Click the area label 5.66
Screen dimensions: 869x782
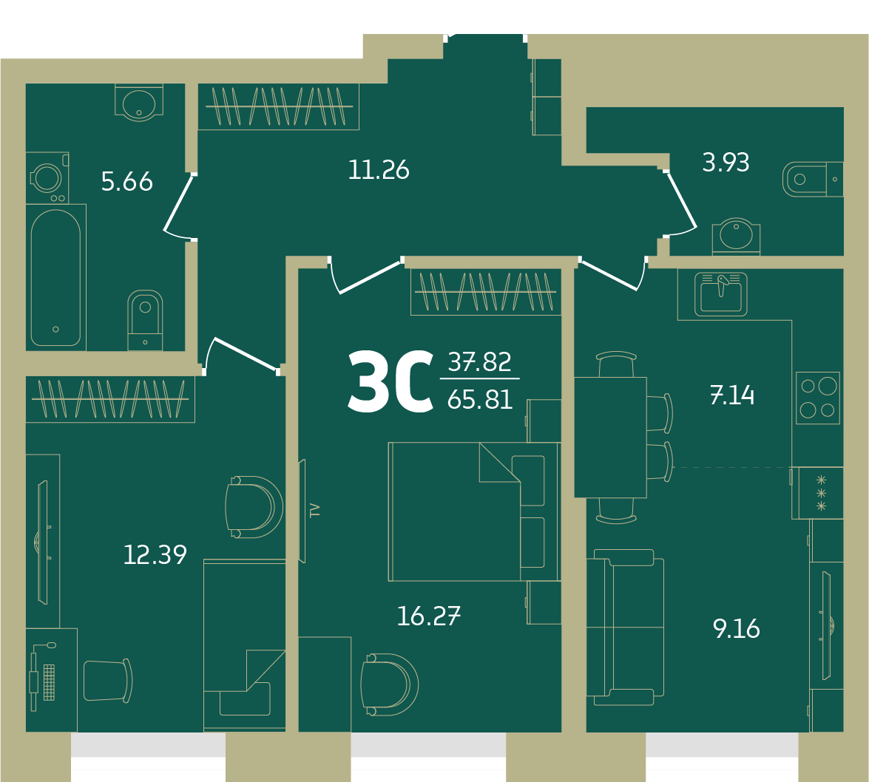point(127,182)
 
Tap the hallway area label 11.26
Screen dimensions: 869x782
point(379,170)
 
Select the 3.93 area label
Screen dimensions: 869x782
point(726,163)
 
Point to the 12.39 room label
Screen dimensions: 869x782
point(155,554)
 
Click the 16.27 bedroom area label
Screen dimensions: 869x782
point(429,616)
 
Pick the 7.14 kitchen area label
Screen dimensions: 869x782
point(732,395)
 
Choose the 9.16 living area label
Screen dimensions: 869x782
point(737,628)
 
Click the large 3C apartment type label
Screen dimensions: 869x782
point(390,381)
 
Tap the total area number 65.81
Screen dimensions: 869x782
point(480,399)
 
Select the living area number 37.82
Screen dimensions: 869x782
point(480,361)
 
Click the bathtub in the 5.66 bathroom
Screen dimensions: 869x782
point(56,277)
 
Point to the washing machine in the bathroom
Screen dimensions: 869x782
point(47,178)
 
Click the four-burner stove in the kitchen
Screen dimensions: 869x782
point(818,398)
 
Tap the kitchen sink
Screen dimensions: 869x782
point(721,294)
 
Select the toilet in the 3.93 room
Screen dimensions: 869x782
point(813,179)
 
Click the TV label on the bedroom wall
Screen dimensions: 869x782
point(315,509)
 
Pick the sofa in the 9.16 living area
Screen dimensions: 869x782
point(626,627)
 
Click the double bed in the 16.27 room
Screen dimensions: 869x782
point(474,511)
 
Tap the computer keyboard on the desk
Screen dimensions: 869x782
point(50,682)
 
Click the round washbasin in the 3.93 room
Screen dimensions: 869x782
point(736,236)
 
